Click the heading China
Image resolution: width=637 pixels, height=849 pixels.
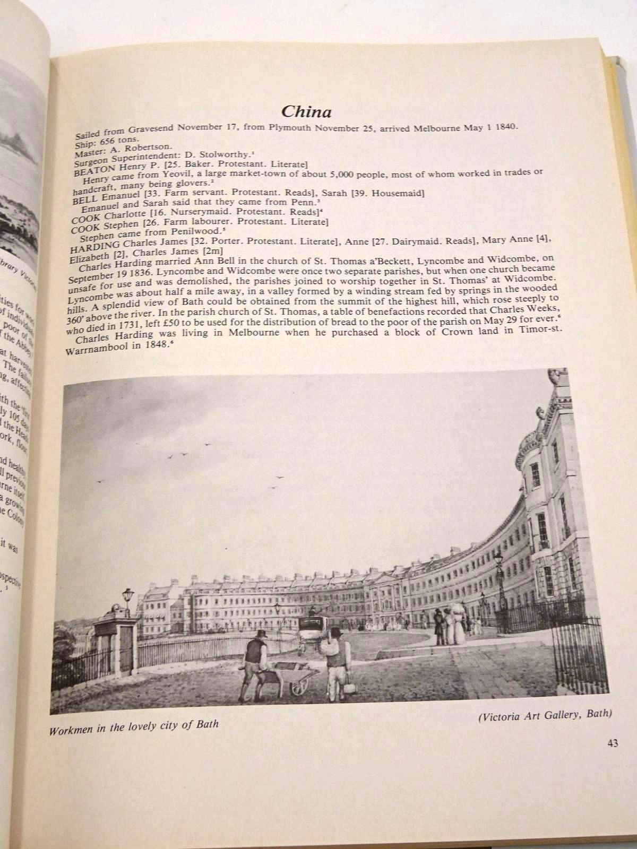307,112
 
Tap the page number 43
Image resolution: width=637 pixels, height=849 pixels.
612,743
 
